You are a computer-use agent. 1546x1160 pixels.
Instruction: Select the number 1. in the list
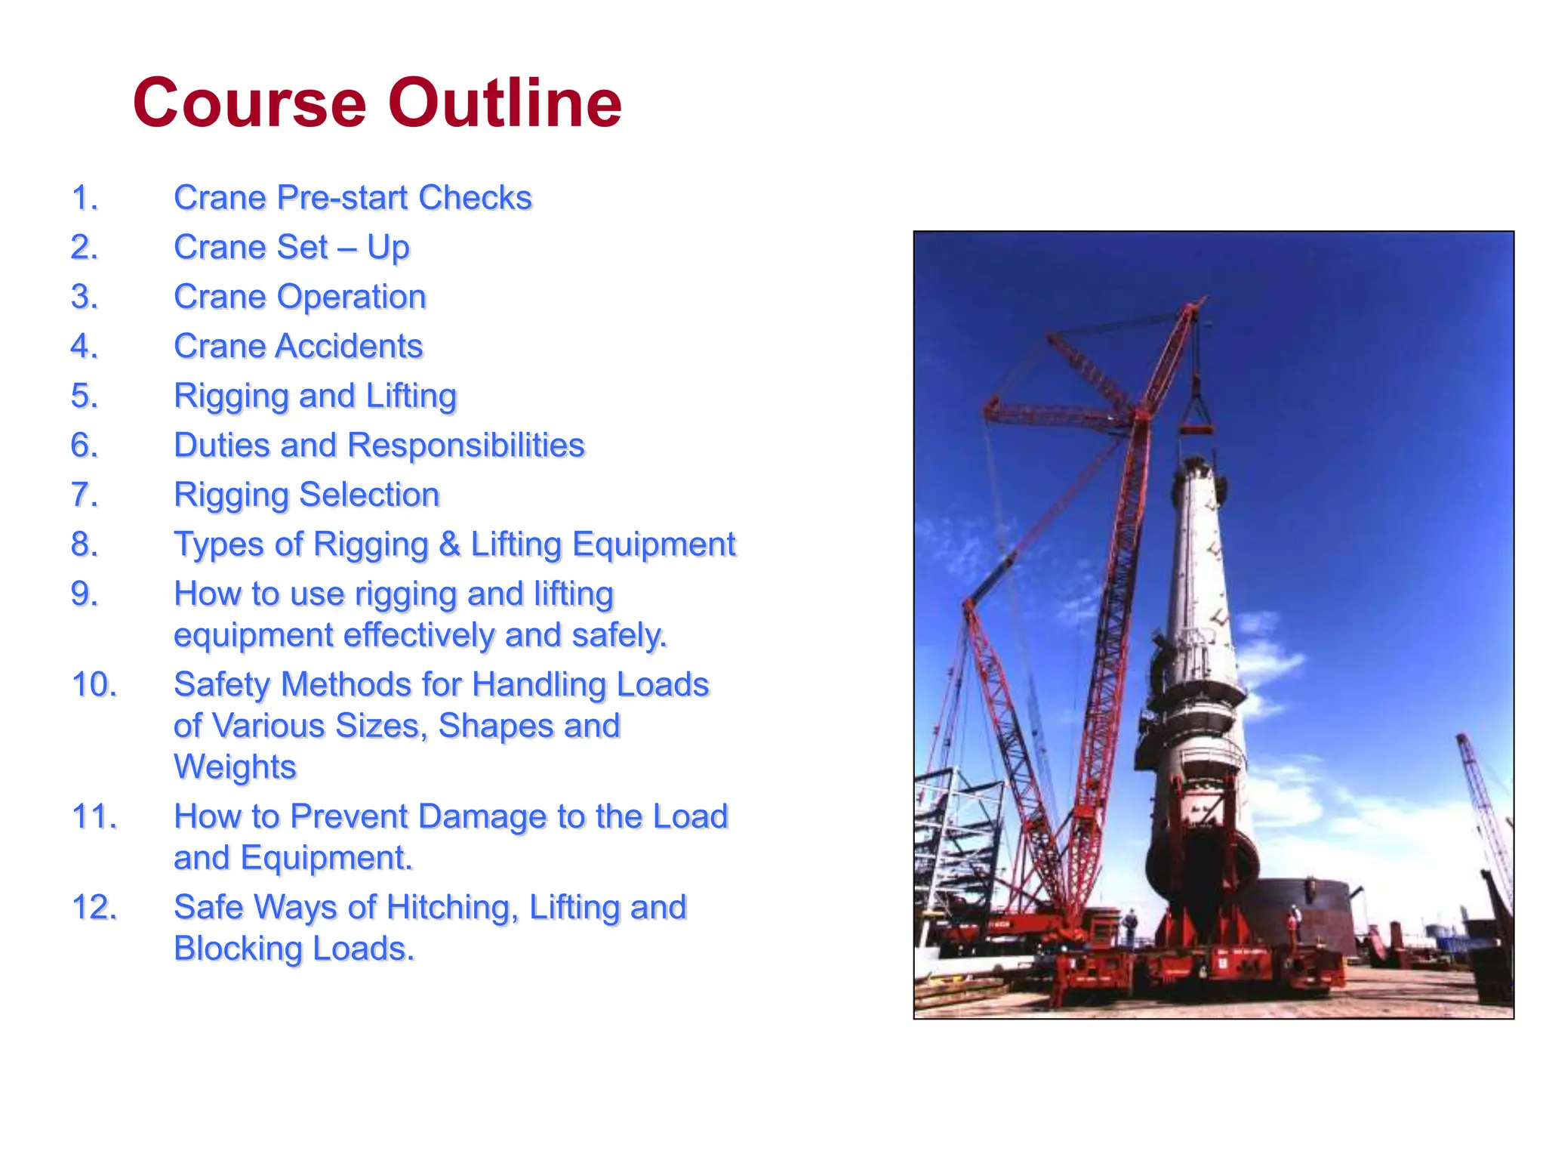pos(85,198)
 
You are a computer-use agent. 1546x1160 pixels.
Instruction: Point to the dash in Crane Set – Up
pos(347,248)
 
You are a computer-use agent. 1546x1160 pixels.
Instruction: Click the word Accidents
pos(349,347)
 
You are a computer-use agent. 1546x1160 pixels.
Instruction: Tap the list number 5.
pos(85,396)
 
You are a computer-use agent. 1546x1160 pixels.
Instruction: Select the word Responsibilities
pos(466,446)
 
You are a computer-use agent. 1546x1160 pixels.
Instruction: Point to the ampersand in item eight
pos(450,545)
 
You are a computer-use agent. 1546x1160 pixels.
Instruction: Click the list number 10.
pos(94,685)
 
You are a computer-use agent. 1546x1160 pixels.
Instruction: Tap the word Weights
pos(235,767)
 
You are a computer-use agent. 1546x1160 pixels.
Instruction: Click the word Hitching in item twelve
pos(451,907)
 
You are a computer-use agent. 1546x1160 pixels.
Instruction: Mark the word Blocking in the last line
pos(239,949)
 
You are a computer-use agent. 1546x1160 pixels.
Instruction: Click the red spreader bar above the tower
pos(1196,430)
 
